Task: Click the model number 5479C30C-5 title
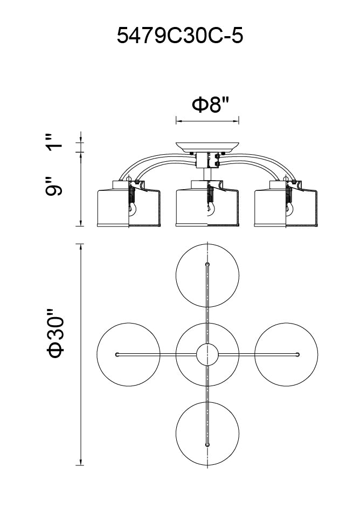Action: [180, 36]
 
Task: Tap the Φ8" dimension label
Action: [211, 104]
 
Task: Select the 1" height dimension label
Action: [54, 142]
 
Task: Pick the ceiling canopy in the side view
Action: [207, 147]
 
